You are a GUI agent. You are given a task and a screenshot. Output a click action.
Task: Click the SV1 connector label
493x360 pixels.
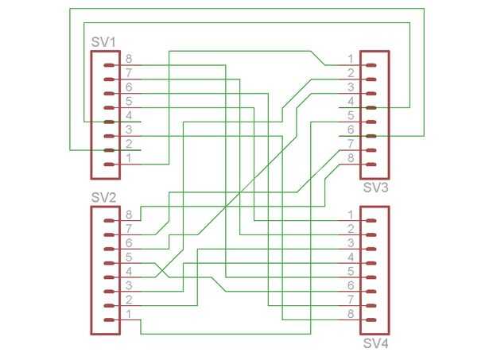pyautogui.click(x=103, y=41)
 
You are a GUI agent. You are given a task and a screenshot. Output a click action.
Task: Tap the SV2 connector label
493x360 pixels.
pyautogui.click(x=103, y=197)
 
